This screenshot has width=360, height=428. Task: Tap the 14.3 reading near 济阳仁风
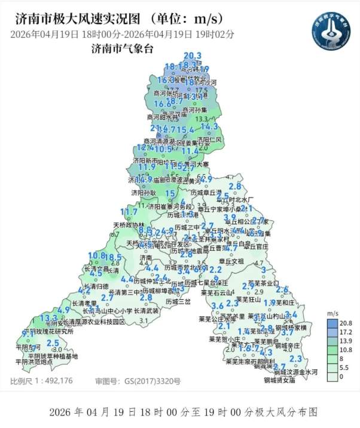point(209,127)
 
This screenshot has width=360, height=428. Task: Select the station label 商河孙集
point(194,110)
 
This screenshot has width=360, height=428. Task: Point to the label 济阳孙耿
point(144,193)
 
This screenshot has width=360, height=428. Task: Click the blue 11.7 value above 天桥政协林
point(129,212)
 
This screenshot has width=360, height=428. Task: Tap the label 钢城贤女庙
point(280,380)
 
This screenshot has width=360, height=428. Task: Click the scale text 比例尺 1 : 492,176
point(41,381)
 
